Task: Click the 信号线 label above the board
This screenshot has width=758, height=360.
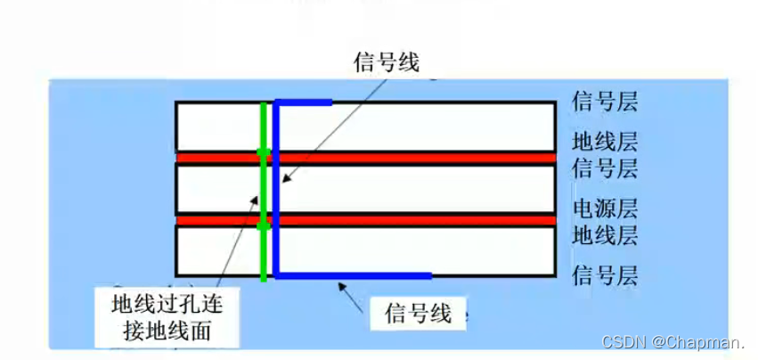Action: coord(386,62)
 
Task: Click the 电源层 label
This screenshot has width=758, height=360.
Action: coord(605,209)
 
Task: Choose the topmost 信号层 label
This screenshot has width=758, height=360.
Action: coord(605,102)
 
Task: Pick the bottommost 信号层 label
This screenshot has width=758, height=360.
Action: coord(605,274)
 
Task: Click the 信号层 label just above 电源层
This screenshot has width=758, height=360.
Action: coord(605,168)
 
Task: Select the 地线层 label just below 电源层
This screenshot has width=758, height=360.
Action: coord(605,236)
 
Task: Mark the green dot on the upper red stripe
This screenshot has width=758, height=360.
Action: coord(263,153)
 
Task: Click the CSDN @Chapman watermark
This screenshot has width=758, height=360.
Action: coord(674,342)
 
